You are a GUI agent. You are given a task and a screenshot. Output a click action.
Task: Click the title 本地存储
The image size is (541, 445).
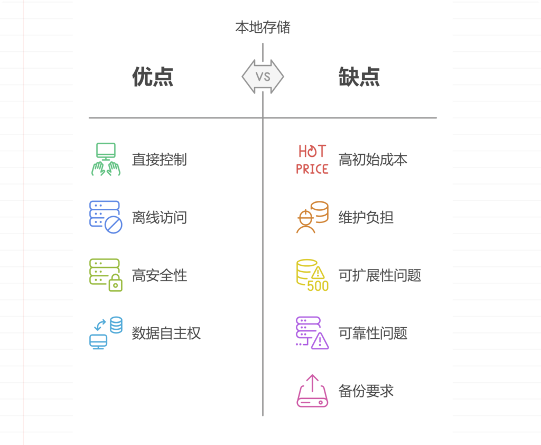tap(263, 27)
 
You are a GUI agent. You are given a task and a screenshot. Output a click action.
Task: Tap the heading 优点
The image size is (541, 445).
tap(153, 77)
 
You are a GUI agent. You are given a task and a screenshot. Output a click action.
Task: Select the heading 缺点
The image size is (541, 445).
tap(359, 77)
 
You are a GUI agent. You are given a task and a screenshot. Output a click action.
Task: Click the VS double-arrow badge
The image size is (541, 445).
tap(263, 77)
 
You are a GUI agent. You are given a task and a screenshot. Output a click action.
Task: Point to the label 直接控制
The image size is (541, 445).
tap(159, 160)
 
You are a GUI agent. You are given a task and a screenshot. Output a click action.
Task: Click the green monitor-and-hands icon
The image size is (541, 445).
tap(106, 160)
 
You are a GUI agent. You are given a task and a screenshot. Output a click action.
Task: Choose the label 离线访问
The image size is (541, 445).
tap(159, 217)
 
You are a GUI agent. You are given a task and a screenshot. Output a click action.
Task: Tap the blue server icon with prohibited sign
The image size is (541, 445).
tap(106, 217)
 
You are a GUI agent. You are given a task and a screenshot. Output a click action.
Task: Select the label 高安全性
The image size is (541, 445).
tap(159, 275)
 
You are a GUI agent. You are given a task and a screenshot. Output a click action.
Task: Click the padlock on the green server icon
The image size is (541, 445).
tap(115, 284)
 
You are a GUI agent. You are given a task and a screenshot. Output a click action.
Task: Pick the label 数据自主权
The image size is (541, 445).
tap(166, 333)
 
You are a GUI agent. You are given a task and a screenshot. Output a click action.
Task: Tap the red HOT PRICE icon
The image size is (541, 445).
tap(312, 160)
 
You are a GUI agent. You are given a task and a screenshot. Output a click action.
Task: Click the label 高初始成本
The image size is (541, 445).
tap(372, 160)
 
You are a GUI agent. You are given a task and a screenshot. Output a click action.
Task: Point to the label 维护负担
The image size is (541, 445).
tap(366, 217)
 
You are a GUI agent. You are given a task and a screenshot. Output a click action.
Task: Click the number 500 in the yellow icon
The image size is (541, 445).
tap(318, 286)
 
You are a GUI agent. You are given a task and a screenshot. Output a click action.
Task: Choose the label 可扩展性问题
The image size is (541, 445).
tap(379, 275)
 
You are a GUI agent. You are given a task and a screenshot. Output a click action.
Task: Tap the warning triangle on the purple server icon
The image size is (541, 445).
tap(320, 342)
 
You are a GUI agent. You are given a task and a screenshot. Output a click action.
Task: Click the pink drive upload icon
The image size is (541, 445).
tap(312, 391)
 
